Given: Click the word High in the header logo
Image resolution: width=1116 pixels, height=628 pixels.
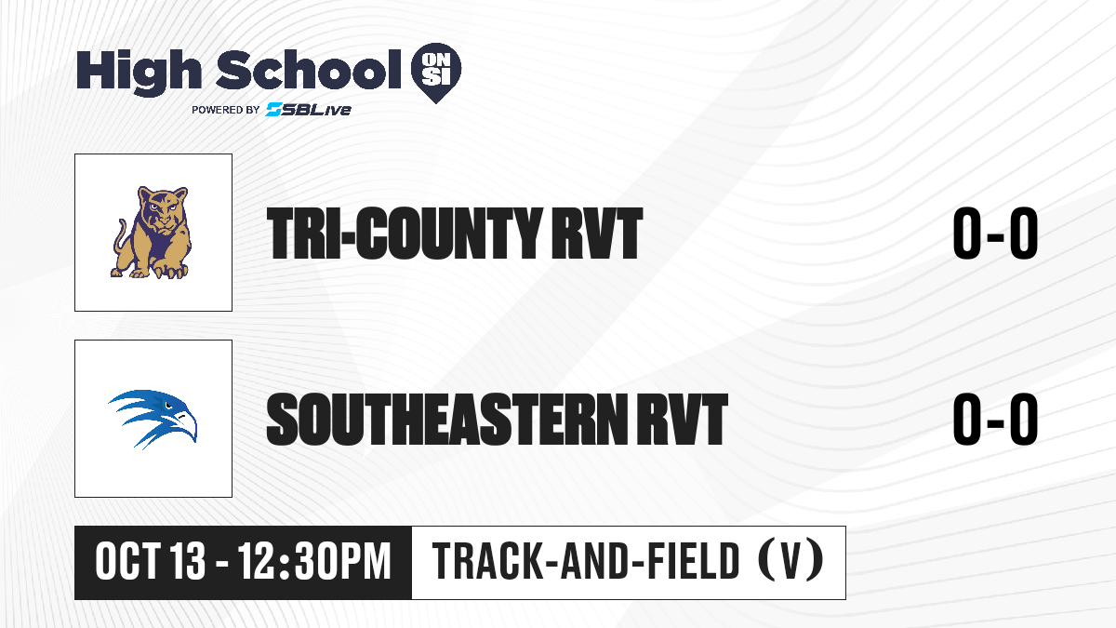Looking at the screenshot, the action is [x=139, y=72].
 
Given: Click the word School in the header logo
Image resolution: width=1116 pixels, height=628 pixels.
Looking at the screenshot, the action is [x=309, y=70].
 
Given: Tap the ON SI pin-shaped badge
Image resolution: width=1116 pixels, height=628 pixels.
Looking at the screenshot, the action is [x=436, y=73].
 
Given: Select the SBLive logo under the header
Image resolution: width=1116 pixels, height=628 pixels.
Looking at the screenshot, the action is [x=309, y=110].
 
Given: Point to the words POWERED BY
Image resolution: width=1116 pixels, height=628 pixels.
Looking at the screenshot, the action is [x=226, y=110].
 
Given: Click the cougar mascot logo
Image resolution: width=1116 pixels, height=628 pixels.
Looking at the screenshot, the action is [x=152, y=233].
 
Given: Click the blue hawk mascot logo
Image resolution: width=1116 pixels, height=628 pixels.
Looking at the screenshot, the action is [x=153, y=420].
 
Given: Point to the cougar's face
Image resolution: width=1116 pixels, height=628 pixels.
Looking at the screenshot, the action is [x=163, y=207].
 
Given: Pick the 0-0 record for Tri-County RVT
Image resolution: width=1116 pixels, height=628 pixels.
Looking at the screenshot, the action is [x=995, y=234].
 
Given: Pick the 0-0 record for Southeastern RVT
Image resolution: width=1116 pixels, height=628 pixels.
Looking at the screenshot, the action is [x=995, y=420].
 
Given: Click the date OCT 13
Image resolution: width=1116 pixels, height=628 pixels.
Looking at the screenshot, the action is [x=150, y=561].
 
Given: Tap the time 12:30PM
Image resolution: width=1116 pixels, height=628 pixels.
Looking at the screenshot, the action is [x=314, y=561].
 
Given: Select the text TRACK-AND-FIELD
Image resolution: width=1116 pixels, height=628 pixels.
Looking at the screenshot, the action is [x=586, y=561].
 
